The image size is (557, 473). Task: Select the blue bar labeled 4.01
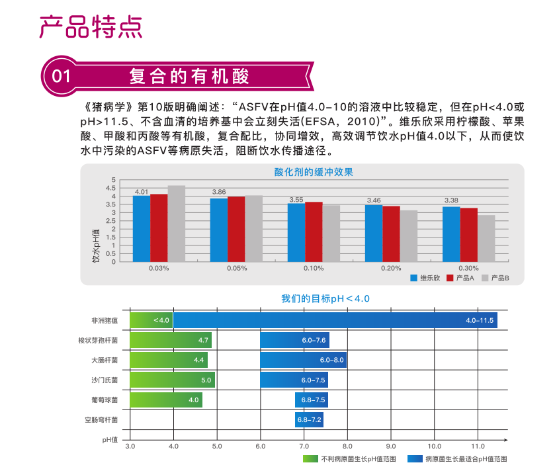point(142,228)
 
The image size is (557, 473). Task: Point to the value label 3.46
point(374,200)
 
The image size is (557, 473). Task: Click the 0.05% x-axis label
point(236,268)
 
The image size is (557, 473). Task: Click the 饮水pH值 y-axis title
point(96,245)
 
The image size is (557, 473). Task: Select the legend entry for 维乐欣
point(425,279)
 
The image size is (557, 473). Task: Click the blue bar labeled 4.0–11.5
point(335,320)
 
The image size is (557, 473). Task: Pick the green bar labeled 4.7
point(171,340)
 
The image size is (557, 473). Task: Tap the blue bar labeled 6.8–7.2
point(309,419)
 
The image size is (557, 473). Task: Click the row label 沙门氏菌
point(105,380)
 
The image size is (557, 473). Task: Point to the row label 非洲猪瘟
point(105,321)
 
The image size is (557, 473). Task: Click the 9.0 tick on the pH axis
point(391,446)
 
